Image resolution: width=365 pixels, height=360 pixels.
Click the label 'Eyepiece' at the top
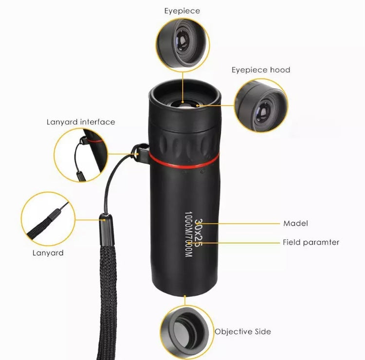tap(182, 11)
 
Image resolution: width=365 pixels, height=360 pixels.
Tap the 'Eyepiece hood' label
tap(261, 70)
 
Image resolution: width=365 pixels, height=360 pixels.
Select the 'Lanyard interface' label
tap(81, 122)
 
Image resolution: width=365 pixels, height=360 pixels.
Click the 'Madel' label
tap(295, 223)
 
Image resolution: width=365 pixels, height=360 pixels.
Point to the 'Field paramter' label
tap(311, 242)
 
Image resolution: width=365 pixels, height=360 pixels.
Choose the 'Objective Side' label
tap(243, 332)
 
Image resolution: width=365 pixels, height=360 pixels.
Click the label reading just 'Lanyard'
tap(48, 253)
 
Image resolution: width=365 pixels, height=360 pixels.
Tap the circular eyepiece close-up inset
tap(182, 45)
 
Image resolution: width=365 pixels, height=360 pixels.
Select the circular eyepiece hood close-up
tap(261, 106)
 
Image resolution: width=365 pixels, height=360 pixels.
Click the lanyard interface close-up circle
tap(81, 155)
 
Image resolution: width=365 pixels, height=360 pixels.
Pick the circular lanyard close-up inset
tap(48, 219)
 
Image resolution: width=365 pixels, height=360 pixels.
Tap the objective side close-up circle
tap(187, 332)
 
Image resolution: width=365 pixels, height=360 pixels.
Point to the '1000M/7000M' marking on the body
tap(188, 234)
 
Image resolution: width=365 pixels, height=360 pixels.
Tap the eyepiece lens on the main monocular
tap(183, 104)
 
